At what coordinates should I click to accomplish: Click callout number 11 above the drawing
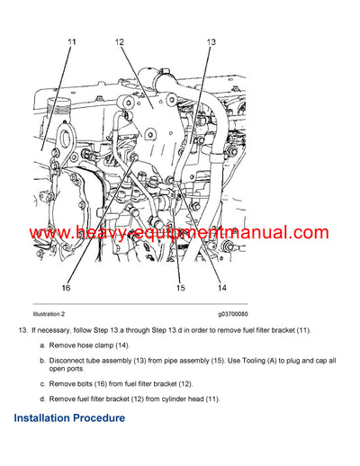(x=72, y=42)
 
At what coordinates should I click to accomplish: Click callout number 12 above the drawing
(x=120, y=42)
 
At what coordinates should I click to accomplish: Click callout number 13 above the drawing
(x=211, y=42)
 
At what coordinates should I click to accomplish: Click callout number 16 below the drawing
(x=65, y=288)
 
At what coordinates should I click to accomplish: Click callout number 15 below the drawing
(x=180, y=288)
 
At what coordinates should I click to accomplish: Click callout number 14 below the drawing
(x=221, y=288)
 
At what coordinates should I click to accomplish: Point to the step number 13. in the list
(x=23, y=330)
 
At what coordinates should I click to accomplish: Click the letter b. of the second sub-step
(x=41, y=360)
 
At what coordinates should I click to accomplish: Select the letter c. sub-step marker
(x=41, y=383)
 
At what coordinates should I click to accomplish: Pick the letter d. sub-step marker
(x=41, y=398)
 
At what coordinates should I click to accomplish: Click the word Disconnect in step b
(x=70, y=360)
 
